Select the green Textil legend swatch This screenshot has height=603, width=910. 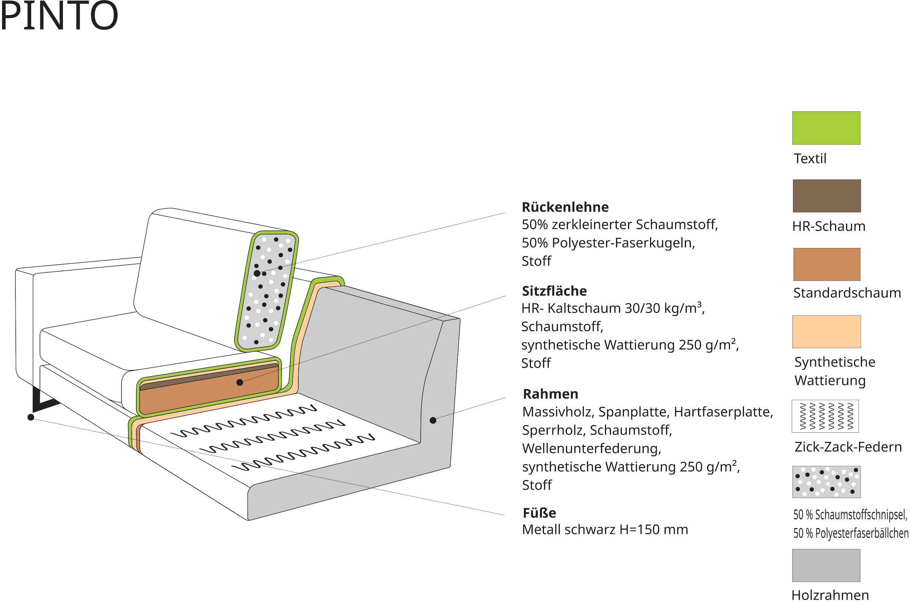click(826, 128)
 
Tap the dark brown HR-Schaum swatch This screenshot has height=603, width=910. click(827, 196)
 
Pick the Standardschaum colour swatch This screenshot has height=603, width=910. click(827, 264)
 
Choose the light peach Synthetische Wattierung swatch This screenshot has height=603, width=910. click(826, 331)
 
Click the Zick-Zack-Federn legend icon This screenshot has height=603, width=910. click(825, 416)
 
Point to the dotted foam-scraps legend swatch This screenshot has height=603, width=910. click(826, 482)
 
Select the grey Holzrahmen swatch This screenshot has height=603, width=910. click(826, 565)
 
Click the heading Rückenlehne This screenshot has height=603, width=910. click(565, 207)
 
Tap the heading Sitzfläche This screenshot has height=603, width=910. click(554, 291)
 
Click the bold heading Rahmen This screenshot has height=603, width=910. click(550, 394)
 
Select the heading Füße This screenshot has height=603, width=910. click(539, 513)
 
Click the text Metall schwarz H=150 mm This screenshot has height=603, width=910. click(605, 529)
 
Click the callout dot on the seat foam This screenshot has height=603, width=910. click(240, 382)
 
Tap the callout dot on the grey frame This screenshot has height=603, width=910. click(433, 420)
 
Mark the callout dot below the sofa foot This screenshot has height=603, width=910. click(31, 417)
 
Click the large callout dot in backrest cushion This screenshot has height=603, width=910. click(257, 273)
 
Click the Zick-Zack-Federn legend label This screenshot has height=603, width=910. click(848, 447)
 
